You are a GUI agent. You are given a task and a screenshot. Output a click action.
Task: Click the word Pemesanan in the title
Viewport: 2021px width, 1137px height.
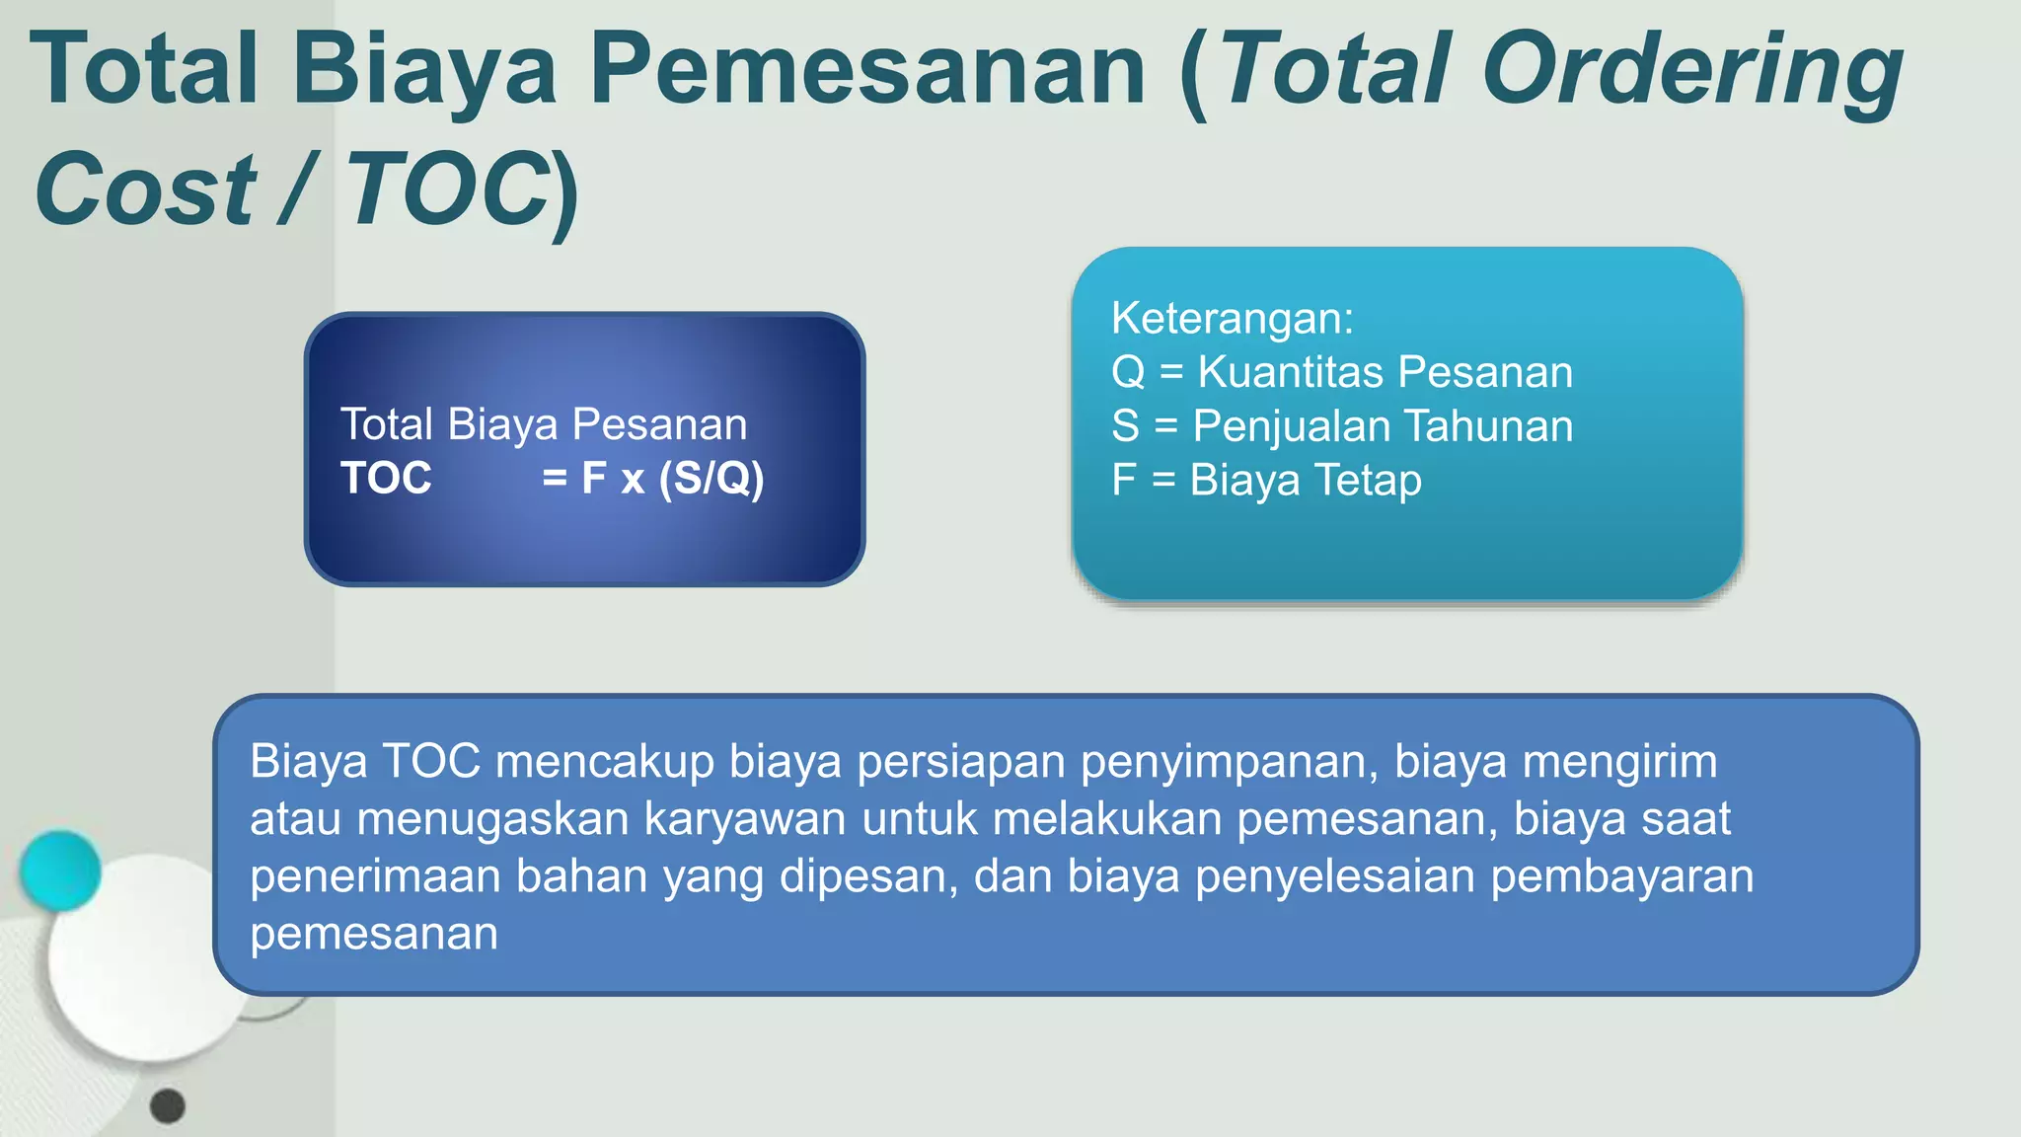pos(868,69)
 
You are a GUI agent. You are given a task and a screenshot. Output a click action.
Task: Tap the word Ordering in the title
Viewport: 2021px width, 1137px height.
pos(1692,69)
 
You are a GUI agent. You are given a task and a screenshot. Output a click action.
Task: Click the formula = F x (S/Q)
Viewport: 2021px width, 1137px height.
pos(652,479)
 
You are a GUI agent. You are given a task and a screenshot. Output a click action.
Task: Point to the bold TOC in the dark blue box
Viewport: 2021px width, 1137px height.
pos(386,479)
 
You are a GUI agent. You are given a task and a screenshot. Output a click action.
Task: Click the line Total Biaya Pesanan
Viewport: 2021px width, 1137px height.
pos(544,424)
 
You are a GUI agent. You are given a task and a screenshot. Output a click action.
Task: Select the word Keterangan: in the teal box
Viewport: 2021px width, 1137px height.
pos(1233,318)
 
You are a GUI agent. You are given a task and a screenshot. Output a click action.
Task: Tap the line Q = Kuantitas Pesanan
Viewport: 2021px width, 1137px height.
pos(1342,372)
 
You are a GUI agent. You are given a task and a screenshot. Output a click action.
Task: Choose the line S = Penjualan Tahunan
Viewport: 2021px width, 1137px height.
pos(1342,426)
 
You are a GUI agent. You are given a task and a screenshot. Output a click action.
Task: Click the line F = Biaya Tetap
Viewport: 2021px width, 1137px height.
pos(1266,481)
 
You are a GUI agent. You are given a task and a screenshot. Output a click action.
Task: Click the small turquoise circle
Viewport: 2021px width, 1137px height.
pos(60,870)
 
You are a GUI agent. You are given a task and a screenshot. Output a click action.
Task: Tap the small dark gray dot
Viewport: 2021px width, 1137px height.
pos(168,1106)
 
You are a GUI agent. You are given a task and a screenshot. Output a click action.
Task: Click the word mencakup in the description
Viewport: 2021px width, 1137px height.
pos(604,762)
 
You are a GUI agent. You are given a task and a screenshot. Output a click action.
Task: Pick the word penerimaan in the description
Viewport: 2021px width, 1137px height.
pos(375,876)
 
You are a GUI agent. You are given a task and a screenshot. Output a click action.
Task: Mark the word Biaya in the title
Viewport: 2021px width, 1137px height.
pos(424,69)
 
